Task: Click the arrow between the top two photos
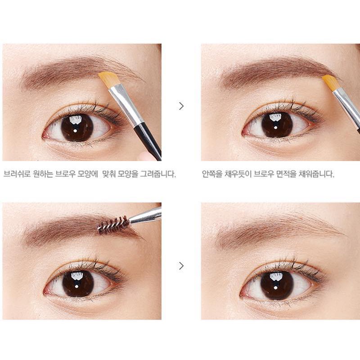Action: click(181, 106)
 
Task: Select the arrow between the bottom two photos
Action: click(181, 265)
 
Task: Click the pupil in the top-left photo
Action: click(77, 127)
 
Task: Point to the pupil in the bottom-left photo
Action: click(78, 283)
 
